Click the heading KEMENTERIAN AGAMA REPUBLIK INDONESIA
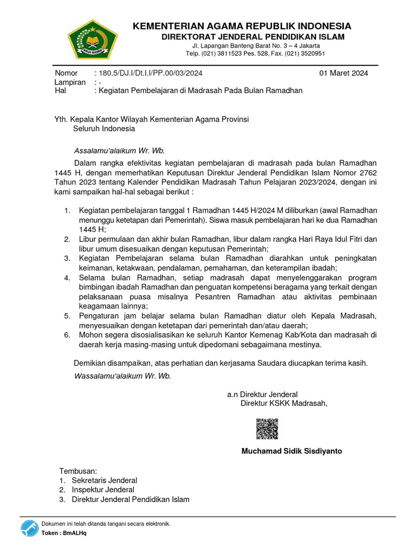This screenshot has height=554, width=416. click(242, 26)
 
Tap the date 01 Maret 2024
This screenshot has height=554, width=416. click(343, 73)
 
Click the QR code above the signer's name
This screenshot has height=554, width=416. click(267, 429)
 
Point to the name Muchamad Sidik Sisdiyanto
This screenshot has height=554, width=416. click(291, 451)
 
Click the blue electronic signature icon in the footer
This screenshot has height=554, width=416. click(30, 529)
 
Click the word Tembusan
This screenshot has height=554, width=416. click(77, 471)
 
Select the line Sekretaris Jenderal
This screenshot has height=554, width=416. click(105, 480)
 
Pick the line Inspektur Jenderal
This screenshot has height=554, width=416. click(103, 490)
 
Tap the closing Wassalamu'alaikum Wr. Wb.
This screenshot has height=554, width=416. click(122, 376)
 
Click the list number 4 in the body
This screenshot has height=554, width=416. click(67, 278)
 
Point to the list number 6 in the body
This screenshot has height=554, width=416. click(67, 335)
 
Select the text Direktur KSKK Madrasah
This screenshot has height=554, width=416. click(284, 403)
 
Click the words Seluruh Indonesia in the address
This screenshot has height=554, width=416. click(104, 129)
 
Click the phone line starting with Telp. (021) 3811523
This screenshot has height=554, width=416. click(255, 54)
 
